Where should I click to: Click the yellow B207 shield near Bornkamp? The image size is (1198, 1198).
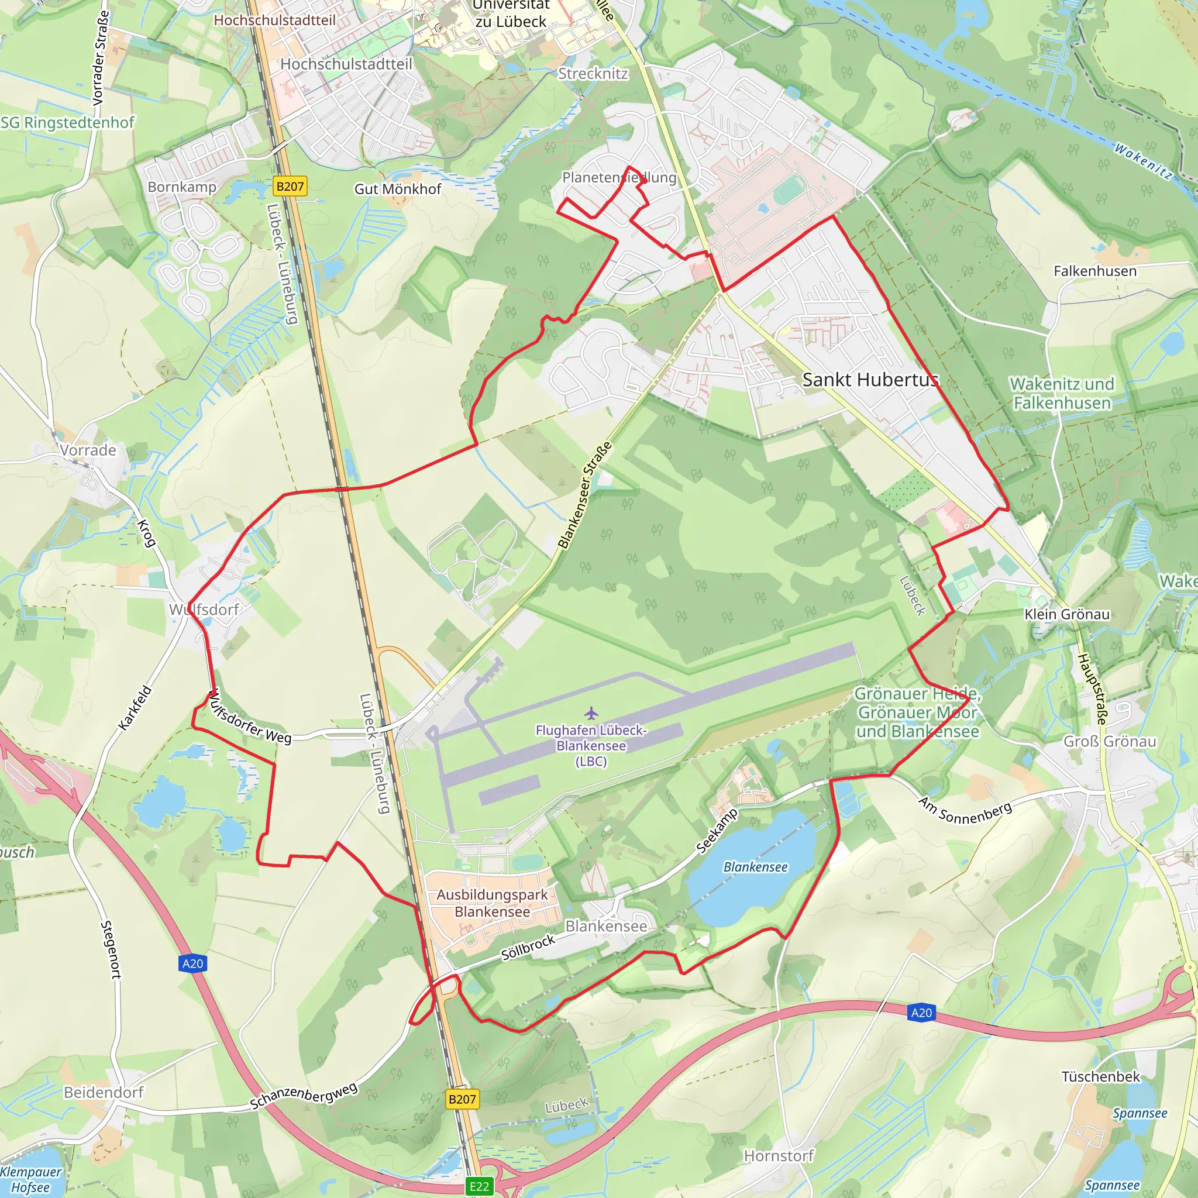click(290, 186)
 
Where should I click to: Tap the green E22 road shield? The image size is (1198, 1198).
click(478, 1186)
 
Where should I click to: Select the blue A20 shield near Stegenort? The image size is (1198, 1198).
click(193, 963)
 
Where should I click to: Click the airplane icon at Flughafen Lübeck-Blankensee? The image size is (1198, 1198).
click(591, 713)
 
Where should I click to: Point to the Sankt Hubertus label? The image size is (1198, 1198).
click(870, 380)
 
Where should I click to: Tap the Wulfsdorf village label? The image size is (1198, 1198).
click(204, 610)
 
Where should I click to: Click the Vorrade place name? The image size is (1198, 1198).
click(88, 450)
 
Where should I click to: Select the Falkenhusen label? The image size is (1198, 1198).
click(1095, 271)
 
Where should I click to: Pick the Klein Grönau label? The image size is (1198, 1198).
click(1067, 614)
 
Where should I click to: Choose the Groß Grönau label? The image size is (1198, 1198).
click(1109, 741)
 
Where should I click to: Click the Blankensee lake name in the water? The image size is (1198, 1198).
click(755, 867)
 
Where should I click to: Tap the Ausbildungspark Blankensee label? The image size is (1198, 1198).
click(493, 903)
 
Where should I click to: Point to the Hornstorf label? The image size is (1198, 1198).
click(779, 1156)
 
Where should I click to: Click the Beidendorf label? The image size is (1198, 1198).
click(104, 1092)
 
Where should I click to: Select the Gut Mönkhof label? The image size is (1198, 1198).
click(397, 189)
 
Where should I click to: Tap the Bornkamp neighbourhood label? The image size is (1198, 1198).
click(182, 187)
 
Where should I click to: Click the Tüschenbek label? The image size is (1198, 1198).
click(1101, 1076)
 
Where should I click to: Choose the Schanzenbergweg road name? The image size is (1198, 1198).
click(304, 1096)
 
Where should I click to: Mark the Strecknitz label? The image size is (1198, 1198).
click(593, 74)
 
